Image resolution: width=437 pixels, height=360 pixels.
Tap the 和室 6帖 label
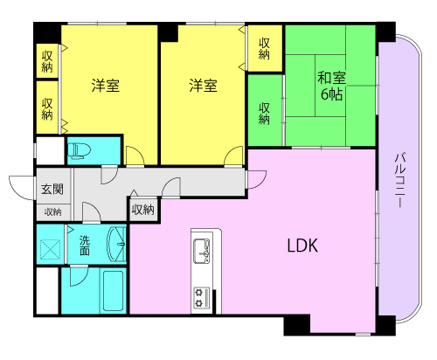click(329, 85)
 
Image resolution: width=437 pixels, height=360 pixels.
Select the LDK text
click(302, 246)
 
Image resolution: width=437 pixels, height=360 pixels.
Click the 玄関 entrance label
click(51, 189)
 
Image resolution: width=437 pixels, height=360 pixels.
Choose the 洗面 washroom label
click(85, 245)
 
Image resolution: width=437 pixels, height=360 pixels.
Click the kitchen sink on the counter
click(201, 249)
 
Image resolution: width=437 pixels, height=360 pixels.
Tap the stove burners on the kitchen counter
click(201, 297)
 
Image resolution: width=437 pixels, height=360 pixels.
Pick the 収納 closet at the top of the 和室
click(264, 48)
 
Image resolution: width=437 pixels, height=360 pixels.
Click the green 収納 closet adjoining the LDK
click(264, 113)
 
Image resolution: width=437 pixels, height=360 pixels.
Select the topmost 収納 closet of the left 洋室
click(47, 61)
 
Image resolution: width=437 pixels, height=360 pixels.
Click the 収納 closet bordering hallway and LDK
click(142, 210)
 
